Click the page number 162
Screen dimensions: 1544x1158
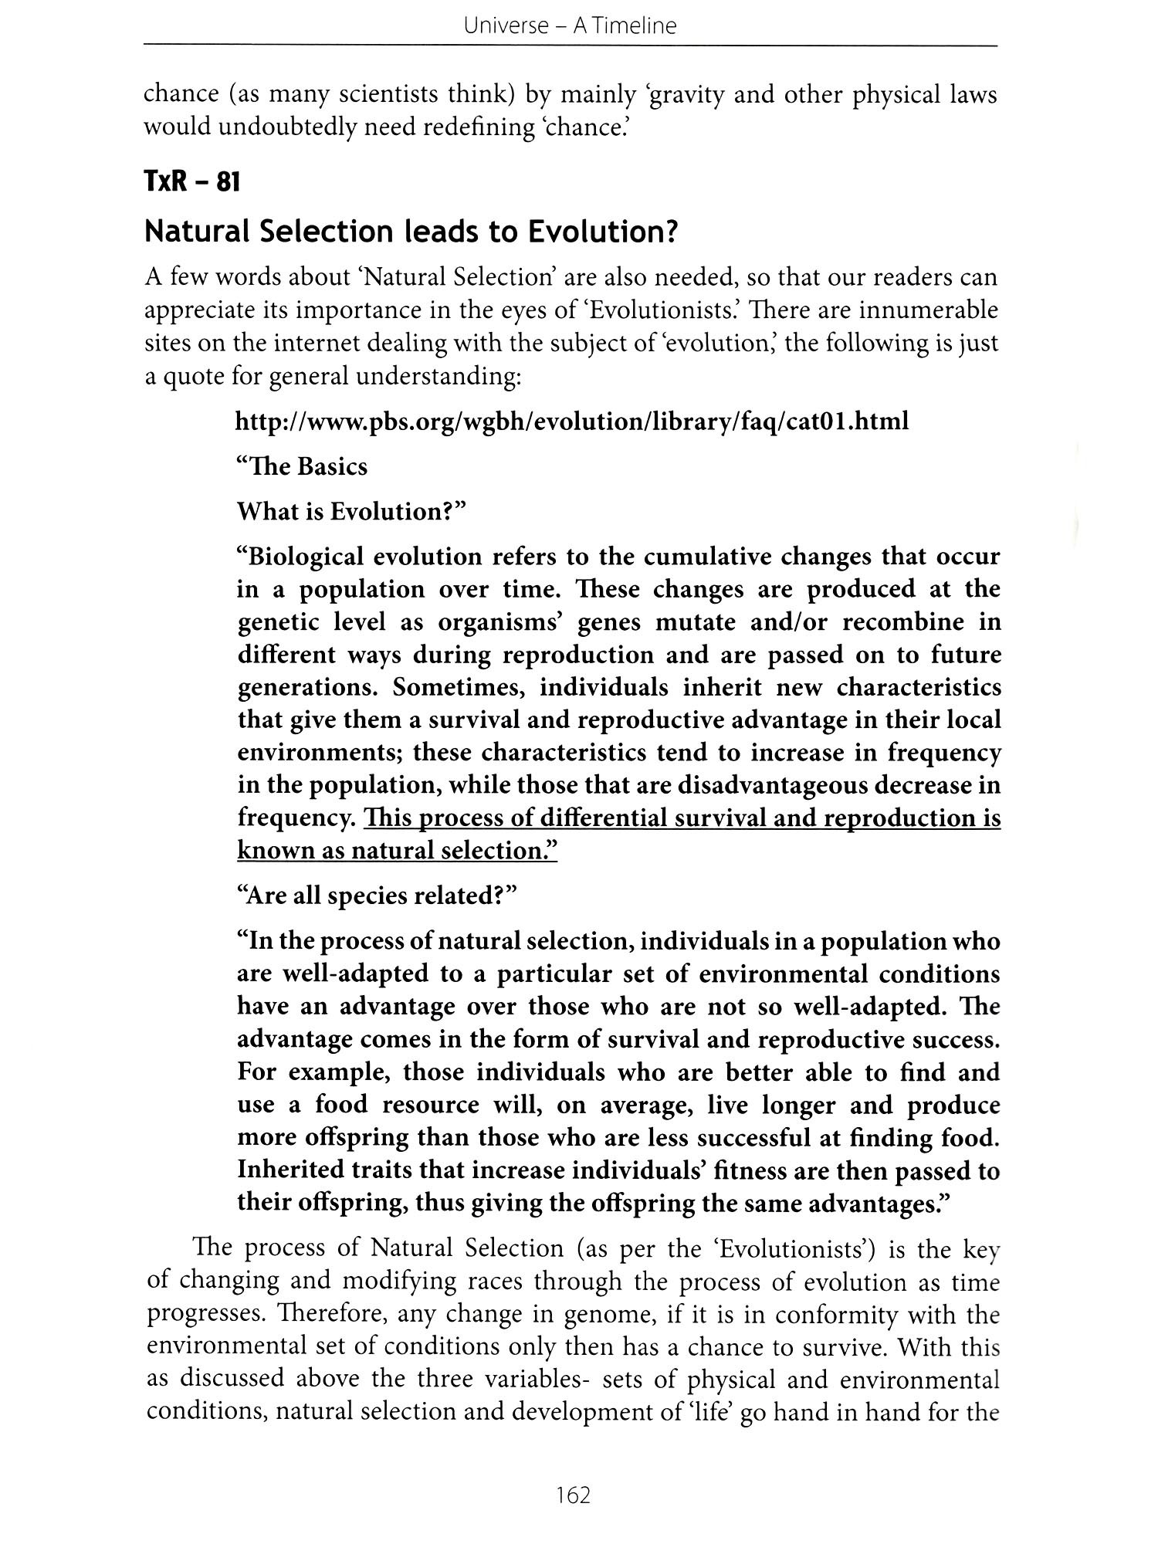coord(573,1495)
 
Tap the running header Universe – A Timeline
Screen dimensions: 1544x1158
coord(571,26)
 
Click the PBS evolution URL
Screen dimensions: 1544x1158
coord(572,422)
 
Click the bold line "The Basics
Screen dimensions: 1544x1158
coord(302,467)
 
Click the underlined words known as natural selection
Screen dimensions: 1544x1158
coord(397,851)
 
